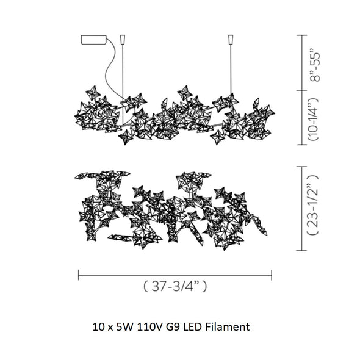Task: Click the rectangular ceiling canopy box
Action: pos(94,40)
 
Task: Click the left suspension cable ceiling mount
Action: pos(123,40)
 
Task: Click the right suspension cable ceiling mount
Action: pos(231,40)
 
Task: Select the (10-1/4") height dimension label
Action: pos(313,119)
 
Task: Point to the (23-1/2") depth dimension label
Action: pos(313,205)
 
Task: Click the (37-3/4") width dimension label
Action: pos(175,286)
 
